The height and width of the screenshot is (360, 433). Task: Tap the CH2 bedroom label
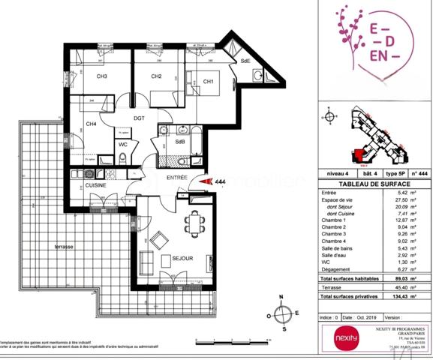point(156,76)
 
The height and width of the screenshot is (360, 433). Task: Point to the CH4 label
point(91,124)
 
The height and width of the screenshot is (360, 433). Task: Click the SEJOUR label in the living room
point(182,259)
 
